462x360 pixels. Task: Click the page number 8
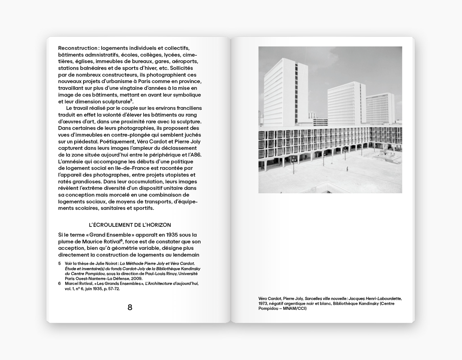(x=130, y=307)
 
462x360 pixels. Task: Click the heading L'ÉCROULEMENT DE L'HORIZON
(x=130, y=225)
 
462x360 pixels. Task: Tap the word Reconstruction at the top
(x=78, y=48)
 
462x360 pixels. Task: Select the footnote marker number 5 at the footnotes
(x=59, y=264)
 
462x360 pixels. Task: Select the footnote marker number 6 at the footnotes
(x=59, y=283)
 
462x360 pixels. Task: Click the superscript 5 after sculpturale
(x=131, y=100)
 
